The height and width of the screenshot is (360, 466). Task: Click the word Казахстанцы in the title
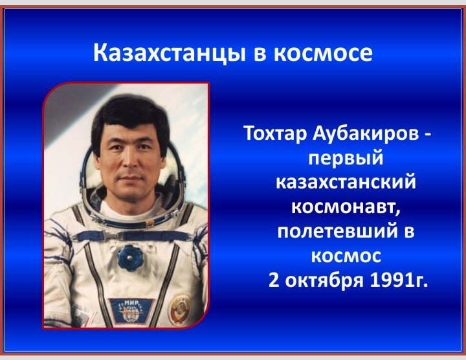click(x=170, y=54)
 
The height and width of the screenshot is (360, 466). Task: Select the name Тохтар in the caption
click(x=275, y=133)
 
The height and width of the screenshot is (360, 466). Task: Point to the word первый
click(x=346, y=159)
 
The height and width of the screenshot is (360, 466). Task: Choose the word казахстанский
click(x=346, y=182)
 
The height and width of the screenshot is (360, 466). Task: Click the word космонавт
click(x=346, y=207)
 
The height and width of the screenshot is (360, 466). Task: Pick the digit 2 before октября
click(x=274, y=280)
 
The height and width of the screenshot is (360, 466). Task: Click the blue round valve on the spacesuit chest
click(x=129, y=257)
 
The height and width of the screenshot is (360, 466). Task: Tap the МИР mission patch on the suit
click(x=131, y=311)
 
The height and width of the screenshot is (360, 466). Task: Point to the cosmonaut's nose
click(x=129, y=161)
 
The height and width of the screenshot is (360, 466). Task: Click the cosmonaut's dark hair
click(x=131, y=119)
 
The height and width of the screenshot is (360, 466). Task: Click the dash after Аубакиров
click(x=426, y=135)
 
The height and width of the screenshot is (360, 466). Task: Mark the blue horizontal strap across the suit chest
click(x=132, y=236)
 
